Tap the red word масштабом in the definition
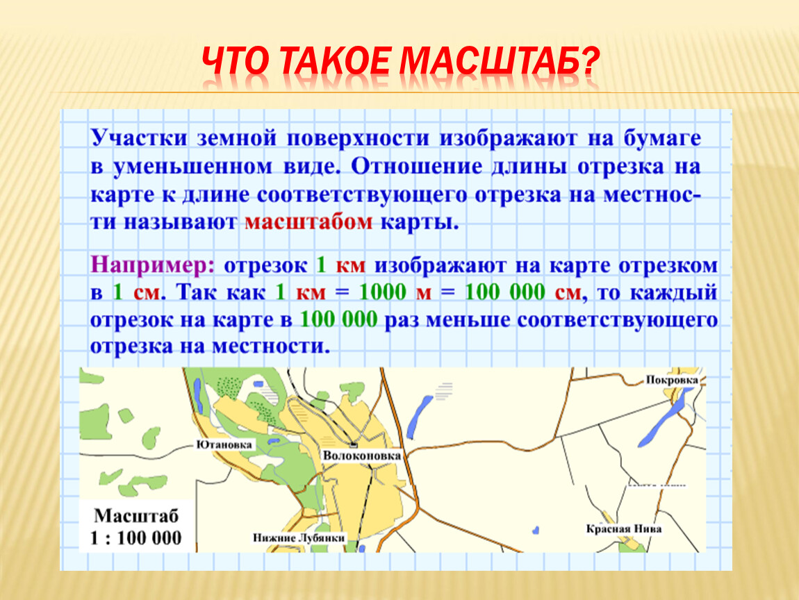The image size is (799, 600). click(308, 223)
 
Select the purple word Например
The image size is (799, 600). click(152, 266)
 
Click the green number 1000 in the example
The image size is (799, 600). click(383, 292)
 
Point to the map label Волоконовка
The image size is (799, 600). click(362, 456)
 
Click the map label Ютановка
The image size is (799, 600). click(224, 444)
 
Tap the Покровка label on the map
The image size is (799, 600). click(672, 380)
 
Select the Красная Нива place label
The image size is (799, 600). click(624, 528)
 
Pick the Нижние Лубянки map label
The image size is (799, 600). click(299, 538)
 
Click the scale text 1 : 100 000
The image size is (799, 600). click(135, 538)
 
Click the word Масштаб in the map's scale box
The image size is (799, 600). click(136, 516)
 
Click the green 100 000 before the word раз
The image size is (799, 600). click(339, 320)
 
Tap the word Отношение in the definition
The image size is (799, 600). click(416, 167)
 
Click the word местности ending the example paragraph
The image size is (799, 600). click(271, 347)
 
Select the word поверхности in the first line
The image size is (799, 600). click(358, 139)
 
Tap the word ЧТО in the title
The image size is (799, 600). click(235, 61)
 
